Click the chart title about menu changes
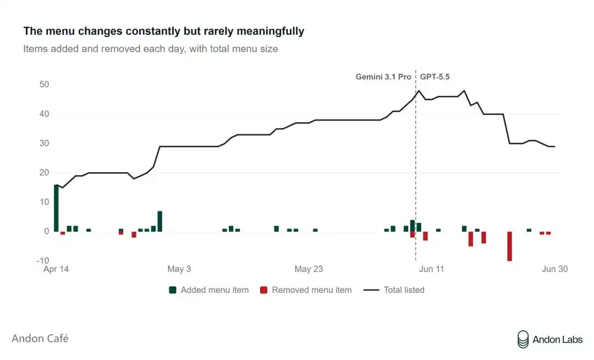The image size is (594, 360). [164, 31]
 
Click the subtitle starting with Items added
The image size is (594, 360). [150, 49]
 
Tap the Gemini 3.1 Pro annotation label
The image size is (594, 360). [383, 77]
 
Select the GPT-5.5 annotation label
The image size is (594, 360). [435, 77]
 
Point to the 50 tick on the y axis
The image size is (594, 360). [44, 85]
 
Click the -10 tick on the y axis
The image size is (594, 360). [43, 261]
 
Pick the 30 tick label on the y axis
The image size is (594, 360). [44, 143]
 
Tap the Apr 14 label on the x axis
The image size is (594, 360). [56, 269]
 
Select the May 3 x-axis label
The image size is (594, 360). [179, 269]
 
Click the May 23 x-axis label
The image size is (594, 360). [309, 269]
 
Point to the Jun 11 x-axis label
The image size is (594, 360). [432, 269]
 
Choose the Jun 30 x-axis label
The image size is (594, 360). [554, 269]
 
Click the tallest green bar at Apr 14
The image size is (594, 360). [56, 208]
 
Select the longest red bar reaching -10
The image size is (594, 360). [509, 246]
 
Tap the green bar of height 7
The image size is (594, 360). [160, 221]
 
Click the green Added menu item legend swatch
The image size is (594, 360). [172, 290]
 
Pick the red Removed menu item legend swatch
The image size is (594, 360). [263, 290]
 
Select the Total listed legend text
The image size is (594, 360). [404, 290]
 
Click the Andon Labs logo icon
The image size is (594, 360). [523, 339]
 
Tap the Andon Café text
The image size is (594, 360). [40, 339]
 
